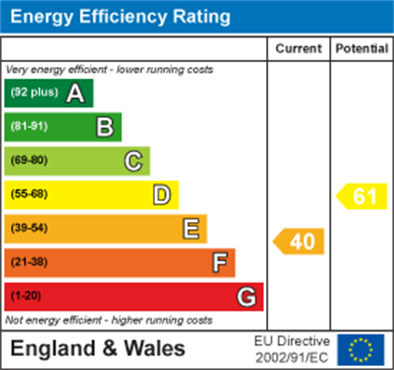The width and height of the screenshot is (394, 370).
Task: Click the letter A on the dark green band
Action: (x=76, y=93)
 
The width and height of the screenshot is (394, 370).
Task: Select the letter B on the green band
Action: (x=105, y=127)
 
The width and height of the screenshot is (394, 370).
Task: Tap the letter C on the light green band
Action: (x=134, y=161)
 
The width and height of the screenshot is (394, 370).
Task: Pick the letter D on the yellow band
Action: (x=162, y=195)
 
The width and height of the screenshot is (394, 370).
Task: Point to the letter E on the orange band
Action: (x=191, y=229)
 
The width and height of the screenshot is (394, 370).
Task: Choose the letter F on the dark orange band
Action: (x=220, y=263)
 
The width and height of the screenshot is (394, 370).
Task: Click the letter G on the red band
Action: (x=247, y=297)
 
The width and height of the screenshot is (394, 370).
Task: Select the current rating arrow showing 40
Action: (x=299, y=242)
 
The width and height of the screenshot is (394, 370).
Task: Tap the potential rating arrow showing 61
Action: (x=362, y=196)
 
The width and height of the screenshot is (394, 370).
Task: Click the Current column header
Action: (x=298, y=49)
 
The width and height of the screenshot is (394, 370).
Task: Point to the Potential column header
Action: (x=362, y=49)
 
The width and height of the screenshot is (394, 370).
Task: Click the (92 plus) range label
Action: (x=34, y=92)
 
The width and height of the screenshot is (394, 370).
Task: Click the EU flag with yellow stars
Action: (x=361, y=350)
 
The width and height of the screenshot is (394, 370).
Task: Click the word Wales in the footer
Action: (x=154, y=349)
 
